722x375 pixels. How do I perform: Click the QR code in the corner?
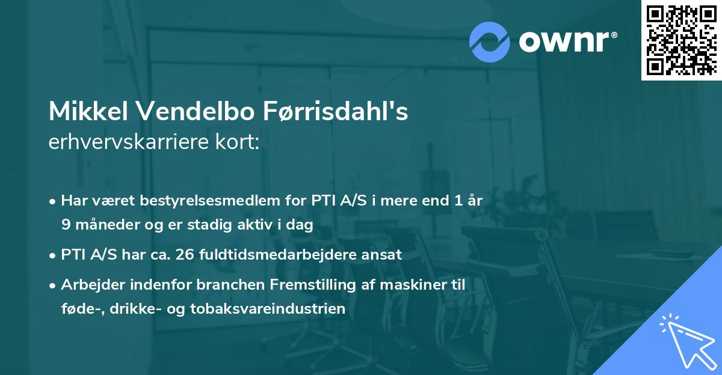tap(681, 40)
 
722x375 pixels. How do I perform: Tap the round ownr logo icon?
tap(490, 41)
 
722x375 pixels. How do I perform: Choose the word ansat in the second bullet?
tap(383, 254)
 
